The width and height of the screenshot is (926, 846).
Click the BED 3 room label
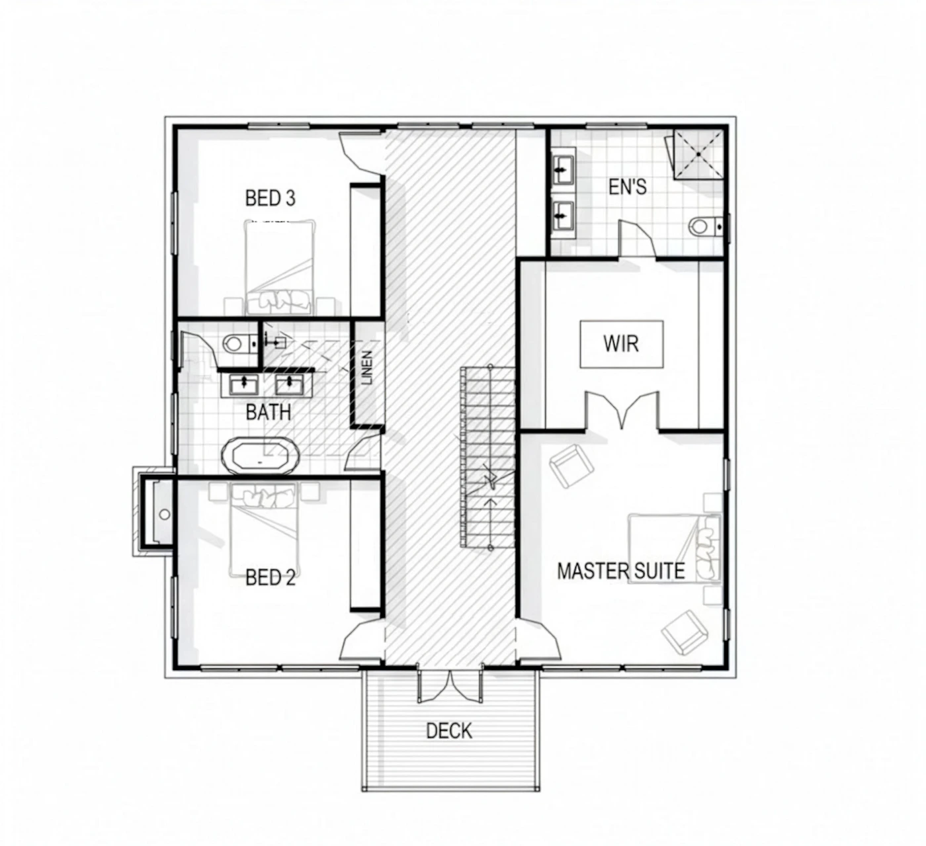coord(270,198)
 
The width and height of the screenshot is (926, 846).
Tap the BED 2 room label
coord(270,577)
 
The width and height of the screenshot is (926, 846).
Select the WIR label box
coord(621,344)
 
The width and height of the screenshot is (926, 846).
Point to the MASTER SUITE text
coord(621,571)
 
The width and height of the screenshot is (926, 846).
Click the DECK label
coord(449,730)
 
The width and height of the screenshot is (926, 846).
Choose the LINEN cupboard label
coord(367,368)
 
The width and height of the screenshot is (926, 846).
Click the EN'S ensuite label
coord(627,187)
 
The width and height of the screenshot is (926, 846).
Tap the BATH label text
coord(268,412)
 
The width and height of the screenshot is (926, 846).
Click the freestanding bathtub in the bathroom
coord(261,456)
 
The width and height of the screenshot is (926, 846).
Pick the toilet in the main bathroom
coord(239,343)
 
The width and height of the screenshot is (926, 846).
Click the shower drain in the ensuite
coord(699,153)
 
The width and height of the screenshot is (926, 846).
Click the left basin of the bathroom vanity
coord(243,384)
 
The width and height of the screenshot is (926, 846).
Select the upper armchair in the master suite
coord(571,466)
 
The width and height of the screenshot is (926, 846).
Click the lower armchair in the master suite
coord(685,632)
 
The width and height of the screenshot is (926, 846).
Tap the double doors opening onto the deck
coord(450,686)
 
